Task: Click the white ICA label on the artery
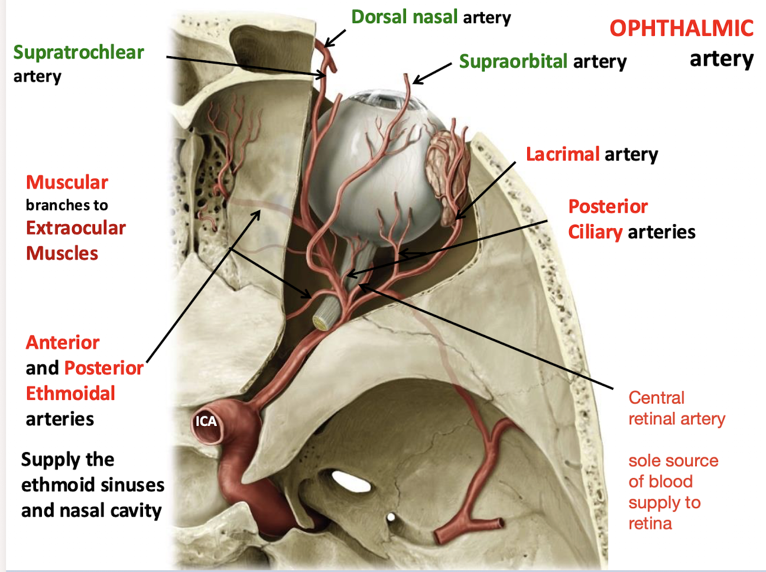click(x=206, y=421)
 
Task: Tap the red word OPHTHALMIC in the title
click(x=681, y=28)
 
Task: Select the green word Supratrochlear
click(x=79, y=53)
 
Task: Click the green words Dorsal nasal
click(x=404, y=17)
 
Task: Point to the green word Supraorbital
click(x=513, y=61)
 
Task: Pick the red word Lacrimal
click(x=563, y=154)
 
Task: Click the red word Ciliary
click(x=595, y=232)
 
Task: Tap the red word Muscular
click(x=67, y=183)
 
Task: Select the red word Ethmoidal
click(x=70, y=394)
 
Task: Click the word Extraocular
click(x=76, y=228)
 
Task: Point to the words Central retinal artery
click(x=676, y=408)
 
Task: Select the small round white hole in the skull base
click(x=391, y=517)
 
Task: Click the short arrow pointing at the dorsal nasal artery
click(x=335, y=39)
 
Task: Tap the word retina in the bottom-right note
click(x=650, y=524)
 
